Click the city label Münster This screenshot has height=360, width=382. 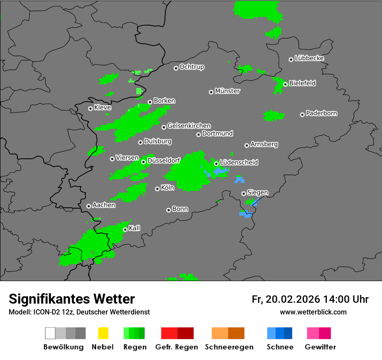click(227, 91)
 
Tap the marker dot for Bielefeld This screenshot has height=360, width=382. click(285, 84)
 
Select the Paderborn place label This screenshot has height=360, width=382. click(322, 113)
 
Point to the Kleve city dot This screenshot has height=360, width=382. click(90, 108)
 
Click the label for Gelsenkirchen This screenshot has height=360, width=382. click(189, 126)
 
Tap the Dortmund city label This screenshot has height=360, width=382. click(217, 134)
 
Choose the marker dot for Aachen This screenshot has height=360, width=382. click(89, 206)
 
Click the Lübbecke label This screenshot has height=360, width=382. click(309, 58)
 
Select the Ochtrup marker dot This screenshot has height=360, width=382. click(176, 68)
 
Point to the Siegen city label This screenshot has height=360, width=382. click(257, 193)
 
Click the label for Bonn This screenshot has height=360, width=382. click(180, 209)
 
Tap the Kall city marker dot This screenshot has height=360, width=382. click(125, 229)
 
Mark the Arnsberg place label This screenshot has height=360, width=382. click(264, 144)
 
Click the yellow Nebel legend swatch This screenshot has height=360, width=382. click(102, 333)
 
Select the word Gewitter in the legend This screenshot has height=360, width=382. click(320, 347)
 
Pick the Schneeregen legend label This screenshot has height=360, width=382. click(228, 347)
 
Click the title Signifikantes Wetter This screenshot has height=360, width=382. click(72, 299)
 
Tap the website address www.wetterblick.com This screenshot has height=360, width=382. click(313, 312)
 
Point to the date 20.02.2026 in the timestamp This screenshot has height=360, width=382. click(292, 299)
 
